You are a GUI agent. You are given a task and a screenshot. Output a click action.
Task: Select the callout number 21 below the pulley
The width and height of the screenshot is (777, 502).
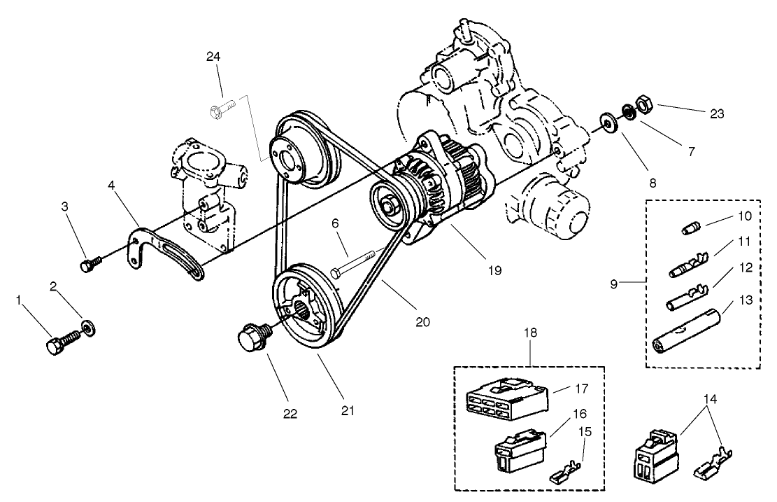tap(346, 411)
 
